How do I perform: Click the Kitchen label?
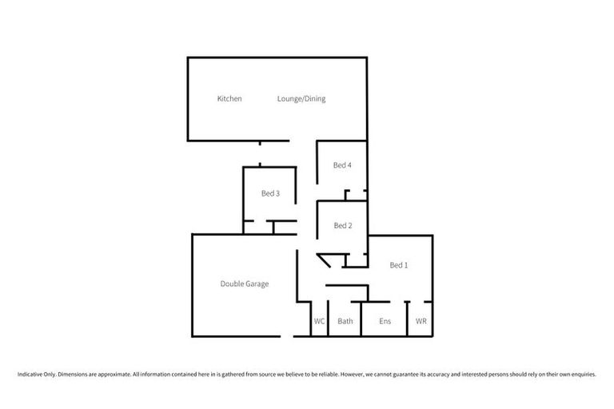(x=229, y=99)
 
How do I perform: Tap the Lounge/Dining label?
(x=301, y=99)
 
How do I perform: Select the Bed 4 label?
(x=342, y=165)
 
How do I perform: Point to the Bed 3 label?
(x=270, y=193)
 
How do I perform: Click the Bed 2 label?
(x=342, y=225)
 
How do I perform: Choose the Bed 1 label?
(x=399, y=265)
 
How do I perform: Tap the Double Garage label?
(x=245, y=284)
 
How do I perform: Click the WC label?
(x=319, y=321)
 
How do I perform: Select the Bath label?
(x=345, y=321)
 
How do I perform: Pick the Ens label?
(x=384, y=321)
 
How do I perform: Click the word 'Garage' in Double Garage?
(x=257, y=284)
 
